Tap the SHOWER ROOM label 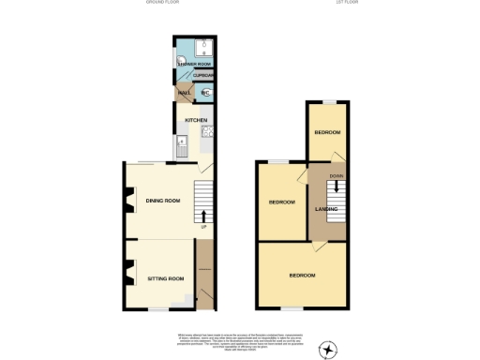(x=195, y=64)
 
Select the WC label (x=206, y=92)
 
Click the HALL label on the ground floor (x=185, y=92)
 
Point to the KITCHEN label (x=195, y=120)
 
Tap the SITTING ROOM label (x=165, y=278)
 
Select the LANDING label (x=326, y=208)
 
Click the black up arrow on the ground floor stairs (x=204, y=216)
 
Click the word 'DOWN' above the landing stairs (x=336, y=175)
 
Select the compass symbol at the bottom (x=327, y=350)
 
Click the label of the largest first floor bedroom (x=302, y=276)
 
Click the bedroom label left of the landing (x=281, y=202)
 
